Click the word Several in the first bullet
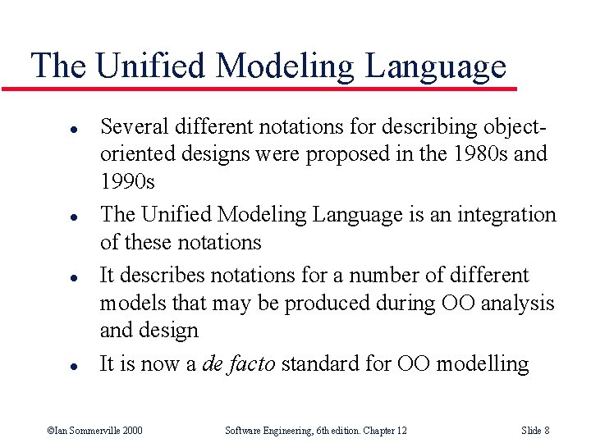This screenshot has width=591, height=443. pos(131,127)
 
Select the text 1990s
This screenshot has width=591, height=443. pos(127,182)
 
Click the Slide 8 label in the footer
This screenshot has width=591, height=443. pos(534,430)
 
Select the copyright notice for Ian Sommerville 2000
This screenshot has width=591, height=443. pos(94,430)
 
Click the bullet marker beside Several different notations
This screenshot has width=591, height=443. pos(51,130)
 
